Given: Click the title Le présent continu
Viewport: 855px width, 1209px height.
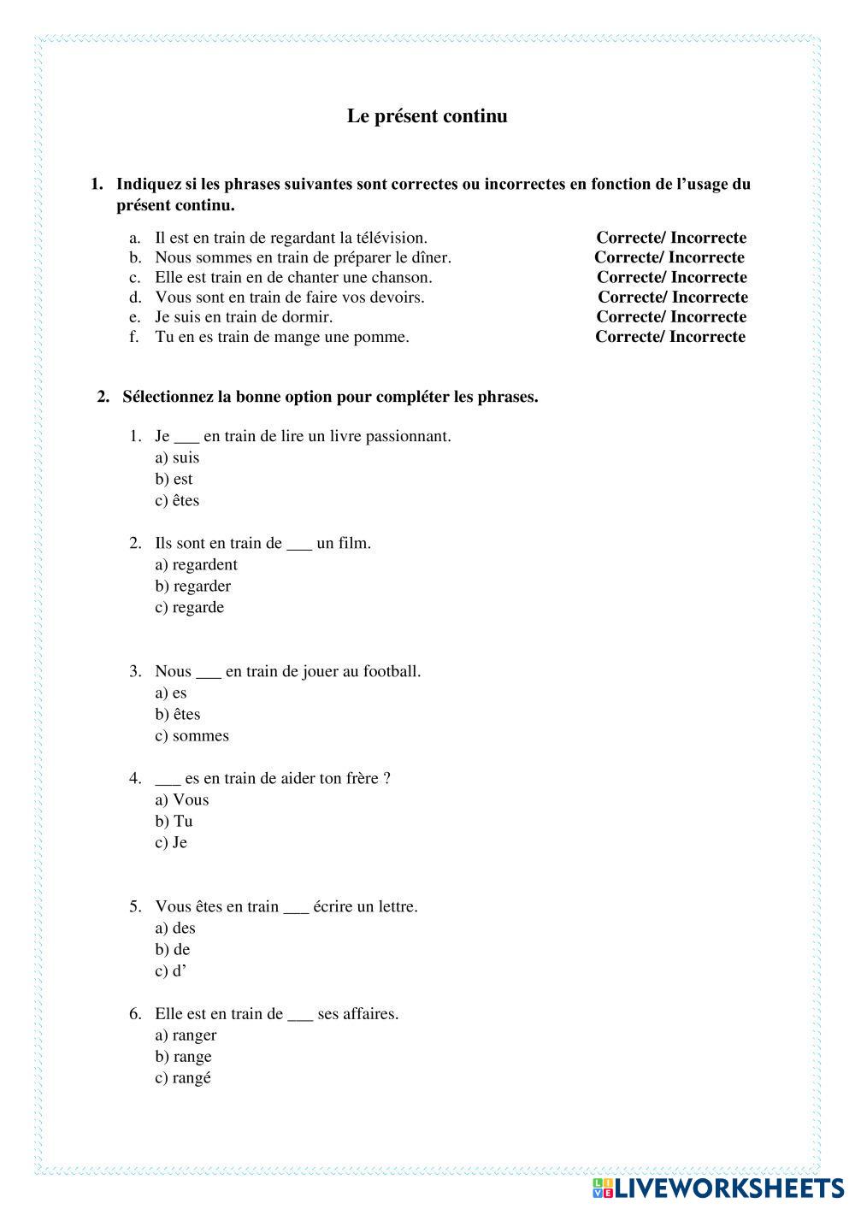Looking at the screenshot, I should point(427,116).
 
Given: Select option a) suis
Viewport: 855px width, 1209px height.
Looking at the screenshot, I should point(177,457).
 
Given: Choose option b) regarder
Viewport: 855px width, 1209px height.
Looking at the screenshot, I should point(192,586).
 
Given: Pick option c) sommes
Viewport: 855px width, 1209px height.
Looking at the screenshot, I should point(192,735).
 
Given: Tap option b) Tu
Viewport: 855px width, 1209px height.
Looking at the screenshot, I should point(174,821).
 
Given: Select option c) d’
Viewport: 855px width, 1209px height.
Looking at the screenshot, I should point(170,970).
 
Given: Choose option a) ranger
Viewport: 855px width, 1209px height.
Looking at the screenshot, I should point(186,1035).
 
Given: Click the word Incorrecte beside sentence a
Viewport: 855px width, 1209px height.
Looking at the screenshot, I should point(708,238).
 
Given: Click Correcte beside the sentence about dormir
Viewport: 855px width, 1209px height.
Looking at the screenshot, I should point(629,316).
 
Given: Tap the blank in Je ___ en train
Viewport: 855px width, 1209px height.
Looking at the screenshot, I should point(186,438).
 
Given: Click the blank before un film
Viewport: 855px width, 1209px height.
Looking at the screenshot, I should point(299,545).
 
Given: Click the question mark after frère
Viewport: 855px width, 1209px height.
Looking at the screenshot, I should point(387,778).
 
